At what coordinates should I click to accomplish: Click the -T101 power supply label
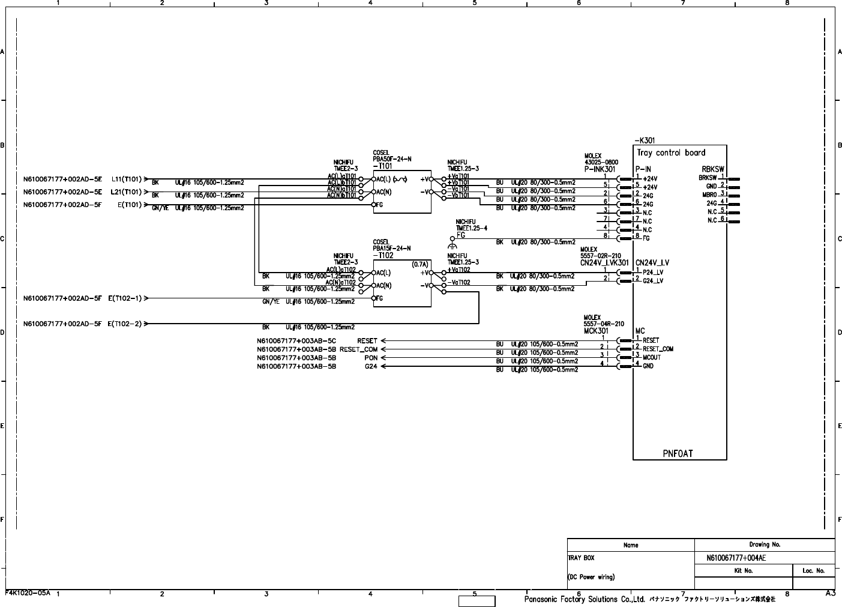point(382,166)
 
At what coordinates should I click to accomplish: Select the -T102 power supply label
point(383,255)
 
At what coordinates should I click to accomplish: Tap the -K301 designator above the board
point(645,140)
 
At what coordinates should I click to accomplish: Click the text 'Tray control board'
point(671,153)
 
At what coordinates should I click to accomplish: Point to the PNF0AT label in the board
point(678,453)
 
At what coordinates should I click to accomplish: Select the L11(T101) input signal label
point(126,179)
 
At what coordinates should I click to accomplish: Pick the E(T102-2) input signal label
point(125,324)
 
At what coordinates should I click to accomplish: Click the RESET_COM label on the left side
point(358,349)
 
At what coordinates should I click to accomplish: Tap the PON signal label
point(371,358)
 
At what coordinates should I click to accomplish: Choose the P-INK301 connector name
point(600,169)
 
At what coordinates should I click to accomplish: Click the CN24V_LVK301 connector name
point(604,262)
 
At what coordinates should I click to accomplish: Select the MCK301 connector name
point(596,331)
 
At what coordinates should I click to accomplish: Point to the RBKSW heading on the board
point(713,169)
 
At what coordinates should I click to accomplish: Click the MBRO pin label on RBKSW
point(709,195)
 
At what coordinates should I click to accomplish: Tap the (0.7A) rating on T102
point(419,264)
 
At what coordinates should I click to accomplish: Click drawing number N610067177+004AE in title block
point(736,558)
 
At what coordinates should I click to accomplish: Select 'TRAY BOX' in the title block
point(581,558)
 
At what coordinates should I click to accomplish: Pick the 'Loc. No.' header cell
point(813,570)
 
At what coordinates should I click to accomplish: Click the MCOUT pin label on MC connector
point(652,357)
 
